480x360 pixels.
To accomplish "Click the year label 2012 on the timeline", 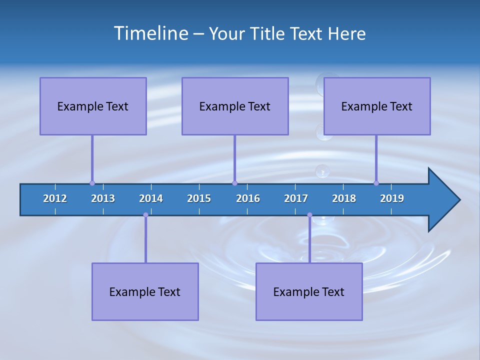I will click(x=55, y=198).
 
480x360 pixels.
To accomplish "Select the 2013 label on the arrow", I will click(x=103, y=198).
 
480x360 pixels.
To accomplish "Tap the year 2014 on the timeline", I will click(x=151, y=198).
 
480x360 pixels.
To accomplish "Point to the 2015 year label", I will click(x=199, y=198).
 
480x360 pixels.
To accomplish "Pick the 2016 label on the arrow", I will click(x=248, y=198).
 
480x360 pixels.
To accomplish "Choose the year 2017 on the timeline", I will click(x=296, y=198).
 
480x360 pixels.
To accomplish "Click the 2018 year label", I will click(x=344, y=198).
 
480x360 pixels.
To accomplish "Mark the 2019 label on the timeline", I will click(x=392, y=198).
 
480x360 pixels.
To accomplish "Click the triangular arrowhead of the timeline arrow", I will click(x=442, y=200).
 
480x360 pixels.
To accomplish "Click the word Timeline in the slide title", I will click(x=150, y=33).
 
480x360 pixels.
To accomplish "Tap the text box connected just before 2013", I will click(x=93, y=106).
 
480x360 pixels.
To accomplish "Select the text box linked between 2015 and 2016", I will click(x=235, y=106).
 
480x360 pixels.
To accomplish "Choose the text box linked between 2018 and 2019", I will click(x=377, y=106).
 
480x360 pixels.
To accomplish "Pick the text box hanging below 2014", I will click(x=145, y=291).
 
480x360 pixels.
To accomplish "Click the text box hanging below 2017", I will click(x=309, y=291).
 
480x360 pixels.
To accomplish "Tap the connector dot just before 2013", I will click(x=92, y=183).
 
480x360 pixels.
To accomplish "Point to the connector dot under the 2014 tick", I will click(x=145, y=215).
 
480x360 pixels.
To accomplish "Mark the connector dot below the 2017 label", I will click(x=309, y=215).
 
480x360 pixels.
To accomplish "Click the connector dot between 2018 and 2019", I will click(x=376, y=183).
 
